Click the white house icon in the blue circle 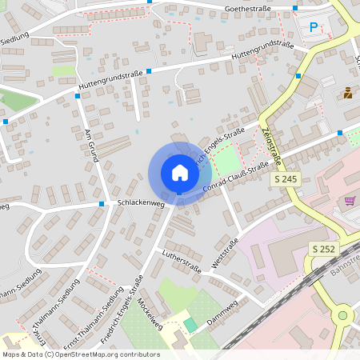pos(180,172)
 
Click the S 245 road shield pos(286,180)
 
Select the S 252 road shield pos(322,249)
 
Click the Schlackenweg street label pos(141,204)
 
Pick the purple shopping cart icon pos(349,200)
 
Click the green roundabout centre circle pos(343,315)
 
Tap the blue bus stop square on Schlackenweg pos(102,204)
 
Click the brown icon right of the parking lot pos(348,93)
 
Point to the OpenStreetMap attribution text pos(80,354)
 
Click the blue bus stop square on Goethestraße pos(295,8)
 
